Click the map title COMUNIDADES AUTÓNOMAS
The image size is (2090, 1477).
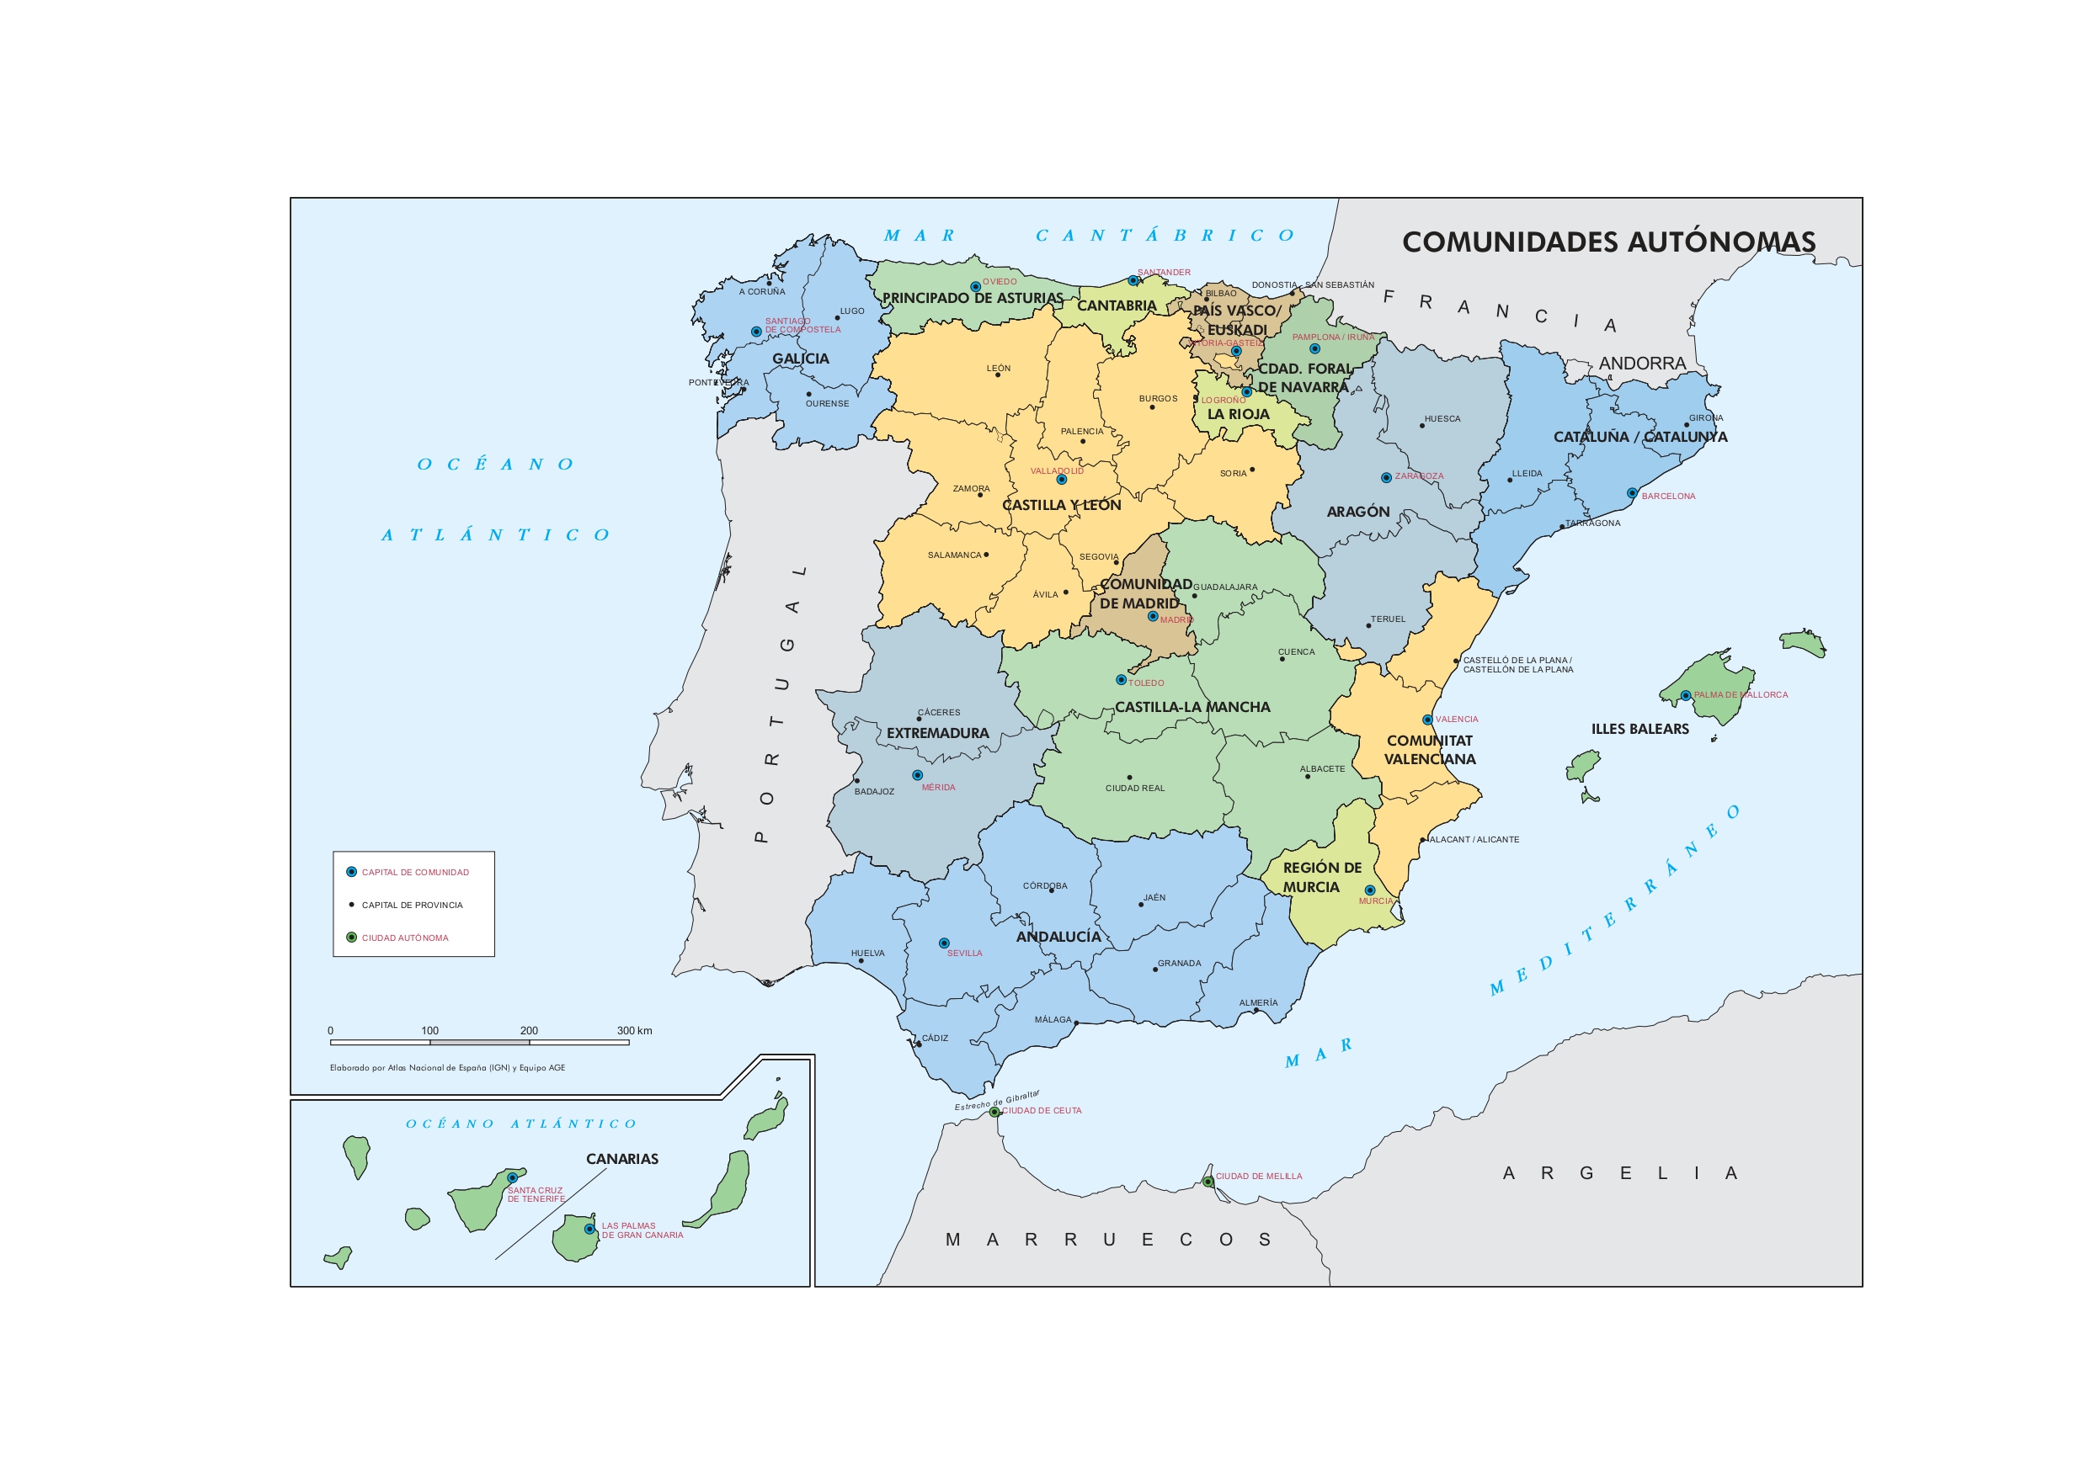[1608, 242]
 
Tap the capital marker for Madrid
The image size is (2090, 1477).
[1153, 616]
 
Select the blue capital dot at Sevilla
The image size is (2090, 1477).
[944, 943]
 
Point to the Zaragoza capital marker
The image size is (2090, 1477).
[1386, 477]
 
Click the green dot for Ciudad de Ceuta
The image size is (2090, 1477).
[995, 1112]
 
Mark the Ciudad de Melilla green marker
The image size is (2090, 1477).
[1208, 1182]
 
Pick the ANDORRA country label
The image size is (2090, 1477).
[1642, 363]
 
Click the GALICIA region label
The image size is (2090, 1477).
[801, 359]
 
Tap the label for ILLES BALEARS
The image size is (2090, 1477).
[1639, 729]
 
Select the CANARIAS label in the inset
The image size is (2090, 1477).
[621, 1159]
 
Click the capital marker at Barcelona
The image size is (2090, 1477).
[1632, 492]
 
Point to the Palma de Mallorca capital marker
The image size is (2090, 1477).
[1686, 695]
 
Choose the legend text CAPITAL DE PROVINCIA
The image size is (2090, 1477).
[413, 905]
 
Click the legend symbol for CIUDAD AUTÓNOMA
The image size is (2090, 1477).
[351, 938]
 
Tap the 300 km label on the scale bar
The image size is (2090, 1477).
[634, 1031]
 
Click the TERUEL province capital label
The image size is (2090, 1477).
[1389, 619]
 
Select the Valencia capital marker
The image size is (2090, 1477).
[1427, 720]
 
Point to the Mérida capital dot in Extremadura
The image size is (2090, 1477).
[918, 775]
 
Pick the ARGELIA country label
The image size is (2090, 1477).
[1620, 1173]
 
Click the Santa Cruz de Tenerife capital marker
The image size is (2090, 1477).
[513, 1177]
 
